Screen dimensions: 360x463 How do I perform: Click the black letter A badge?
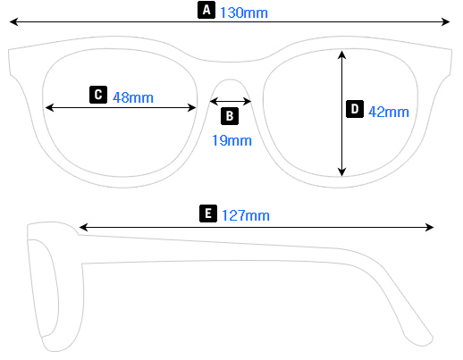click(206, 11)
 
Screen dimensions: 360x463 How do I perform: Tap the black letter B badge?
click(229, 115)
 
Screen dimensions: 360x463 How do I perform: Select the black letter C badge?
click(98, 95)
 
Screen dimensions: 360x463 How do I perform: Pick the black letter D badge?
click(354, 110)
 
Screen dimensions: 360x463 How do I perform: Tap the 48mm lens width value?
click(133, 96)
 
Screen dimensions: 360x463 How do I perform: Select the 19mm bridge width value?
click(231, 140)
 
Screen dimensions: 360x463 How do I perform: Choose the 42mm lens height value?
click(389, 112)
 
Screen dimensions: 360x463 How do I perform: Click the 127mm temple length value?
click(245, 215)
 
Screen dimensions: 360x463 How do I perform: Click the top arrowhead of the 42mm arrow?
click(341, 52)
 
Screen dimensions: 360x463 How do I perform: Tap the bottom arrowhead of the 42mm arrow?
click(341, 173)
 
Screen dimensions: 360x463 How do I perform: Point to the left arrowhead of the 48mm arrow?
click(48, 107)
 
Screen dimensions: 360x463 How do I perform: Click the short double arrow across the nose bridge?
click(231, 101)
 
